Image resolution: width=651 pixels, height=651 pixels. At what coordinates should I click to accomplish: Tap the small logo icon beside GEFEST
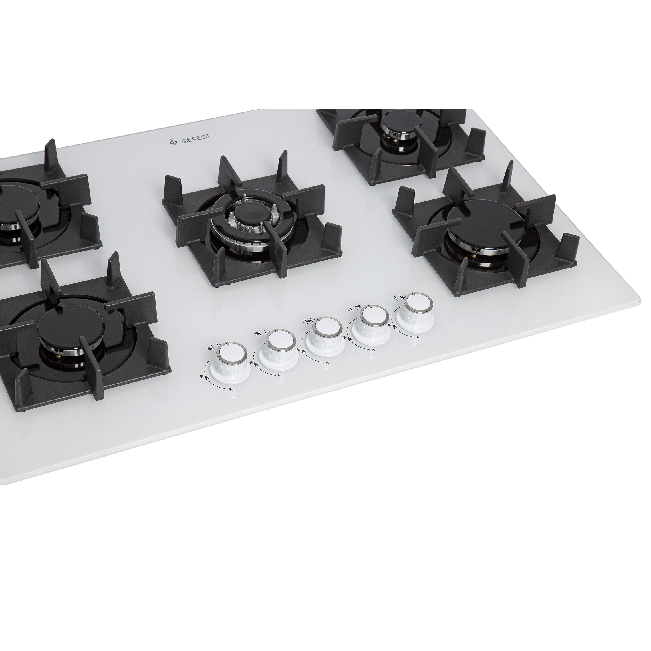173,143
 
